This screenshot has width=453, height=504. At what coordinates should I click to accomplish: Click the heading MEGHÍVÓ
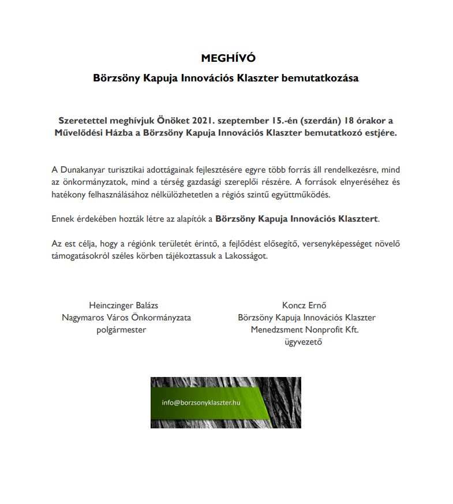tap(227, 58)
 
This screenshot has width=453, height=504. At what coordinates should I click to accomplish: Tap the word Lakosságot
tap(245, 256)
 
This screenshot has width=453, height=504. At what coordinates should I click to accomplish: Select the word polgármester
tap(121, 330)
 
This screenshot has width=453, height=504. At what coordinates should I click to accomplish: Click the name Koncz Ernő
tap(304, 305)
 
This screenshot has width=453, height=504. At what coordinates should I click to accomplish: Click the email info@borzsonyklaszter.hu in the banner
tap(201, 402)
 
